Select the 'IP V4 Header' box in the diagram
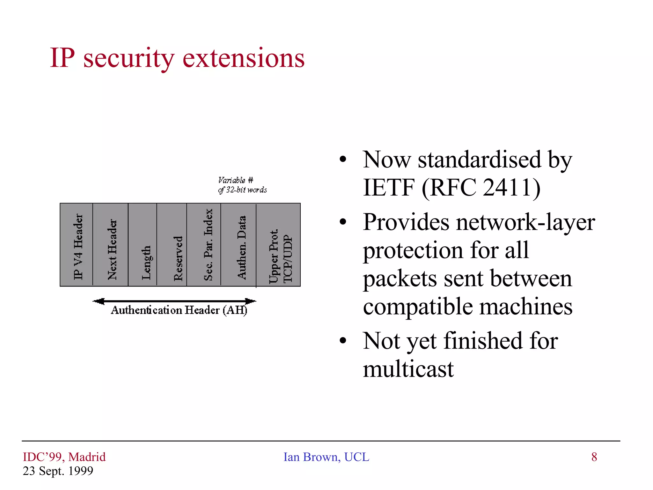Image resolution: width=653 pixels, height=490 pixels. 77,245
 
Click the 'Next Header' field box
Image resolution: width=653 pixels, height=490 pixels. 111,245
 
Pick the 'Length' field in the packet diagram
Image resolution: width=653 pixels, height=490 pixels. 143,245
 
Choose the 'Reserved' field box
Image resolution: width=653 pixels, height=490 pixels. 172,245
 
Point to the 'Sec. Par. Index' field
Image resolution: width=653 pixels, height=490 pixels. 204,245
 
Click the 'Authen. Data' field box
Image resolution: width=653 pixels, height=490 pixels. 238,245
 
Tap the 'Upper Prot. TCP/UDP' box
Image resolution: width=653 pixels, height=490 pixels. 278,245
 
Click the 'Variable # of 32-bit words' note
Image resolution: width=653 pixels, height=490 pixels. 242,185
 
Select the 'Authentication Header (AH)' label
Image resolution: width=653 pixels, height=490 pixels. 179,310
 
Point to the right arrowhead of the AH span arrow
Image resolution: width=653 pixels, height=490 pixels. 251,301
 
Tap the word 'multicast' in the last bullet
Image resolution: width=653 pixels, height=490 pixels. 408,369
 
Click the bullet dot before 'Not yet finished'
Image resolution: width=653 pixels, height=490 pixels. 343,341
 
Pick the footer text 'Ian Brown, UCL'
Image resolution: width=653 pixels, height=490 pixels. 326,457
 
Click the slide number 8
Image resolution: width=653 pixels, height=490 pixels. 594,457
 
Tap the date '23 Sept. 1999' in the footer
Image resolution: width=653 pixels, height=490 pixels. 58,471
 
